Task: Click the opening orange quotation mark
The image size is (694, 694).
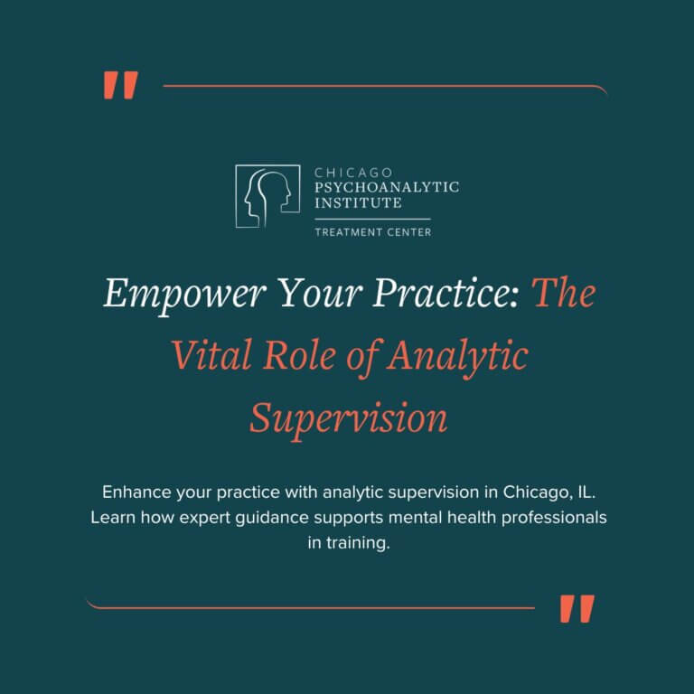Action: point(120,86)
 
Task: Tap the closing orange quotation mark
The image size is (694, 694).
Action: point(577,608)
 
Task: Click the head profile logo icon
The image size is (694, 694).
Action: point(267,195)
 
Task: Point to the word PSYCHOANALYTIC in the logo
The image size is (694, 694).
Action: point(386,187)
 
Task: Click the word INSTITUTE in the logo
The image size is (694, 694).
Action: point(358,202)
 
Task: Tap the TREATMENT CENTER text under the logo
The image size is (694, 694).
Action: point(372,232)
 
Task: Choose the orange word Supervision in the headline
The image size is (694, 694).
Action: point(348,418)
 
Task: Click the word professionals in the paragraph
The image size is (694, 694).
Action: point(548,519)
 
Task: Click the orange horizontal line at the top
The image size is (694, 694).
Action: point(384,88)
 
